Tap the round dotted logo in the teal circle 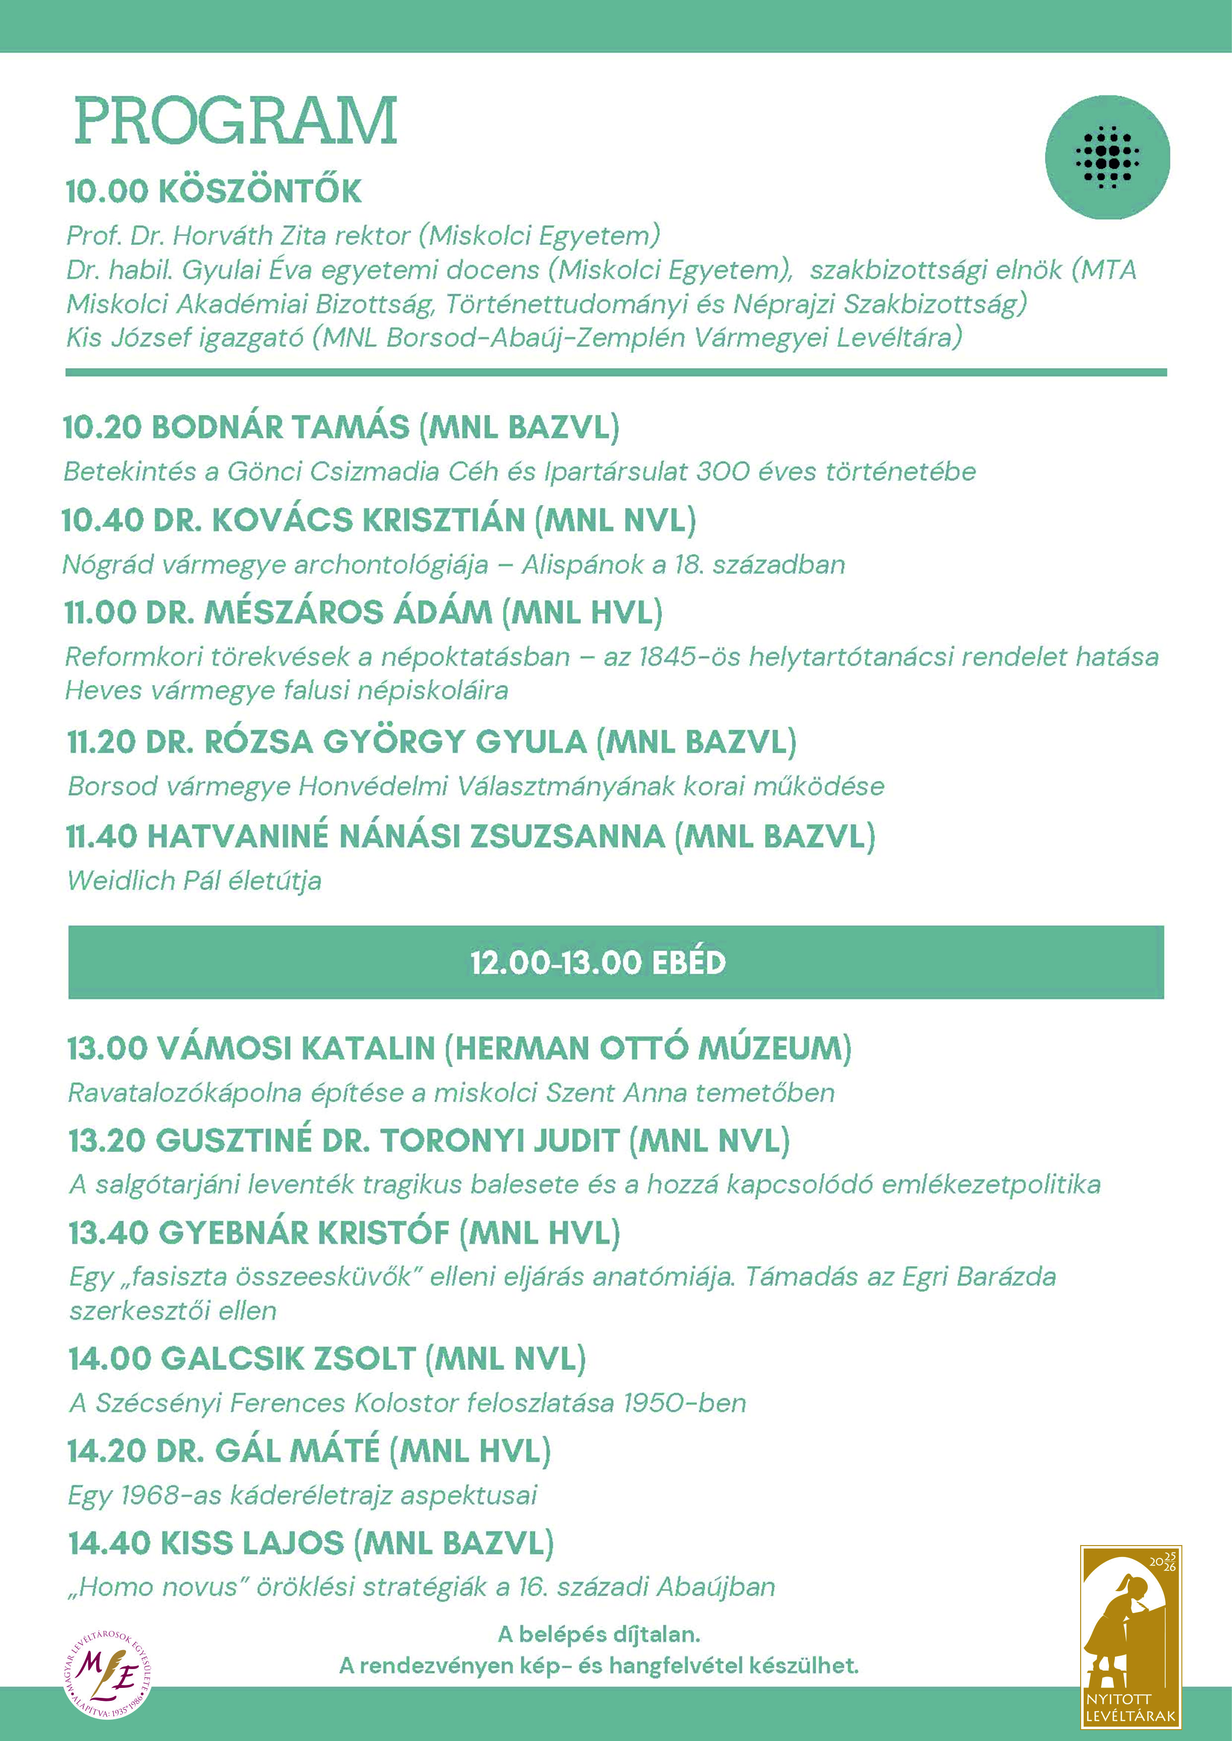tap(1107, 157)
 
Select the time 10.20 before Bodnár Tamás tap(102, 428)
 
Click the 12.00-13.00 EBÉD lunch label tap(598, 962)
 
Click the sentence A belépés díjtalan tap(598, 1634)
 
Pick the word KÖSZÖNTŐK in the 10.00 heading tap(259, 191)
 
